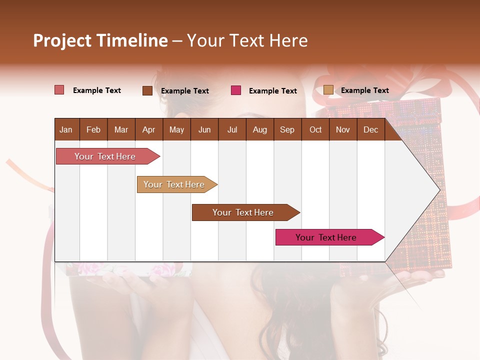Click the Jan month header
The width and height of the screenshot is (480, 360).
(66, 130)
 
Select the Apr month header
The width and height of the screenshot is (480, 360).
(148, 130)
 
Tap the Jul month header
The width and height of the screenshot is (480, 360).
(232, 130)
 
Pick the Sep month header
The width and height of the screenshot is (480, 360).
(287, 130)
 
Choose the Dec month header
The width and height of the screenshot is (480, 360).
(370, 130)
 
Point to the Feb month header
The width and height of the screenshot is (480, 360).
(93, 130)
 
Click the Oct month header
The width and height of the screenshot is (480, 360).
(315, 130)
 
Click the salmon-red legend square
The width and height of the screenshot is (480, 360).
(59, 90)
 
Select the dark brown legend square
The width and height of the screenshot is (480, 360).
(147, 90)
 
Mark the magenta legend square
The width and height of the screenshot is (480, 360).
(236, 90)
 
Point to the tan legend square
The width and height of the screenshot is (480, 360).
(328, 90)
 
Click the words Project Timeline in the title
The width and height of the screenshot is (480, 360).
(100, 40)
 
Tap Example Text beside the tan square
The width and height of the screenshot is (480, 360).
(364, 90)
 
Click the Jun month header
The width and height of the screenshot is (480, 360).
(204, 130)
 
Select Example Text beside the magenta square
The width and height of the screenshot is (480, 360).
(272, 91)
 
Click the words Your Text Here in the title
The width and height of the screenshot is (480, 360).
(247, 40)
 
